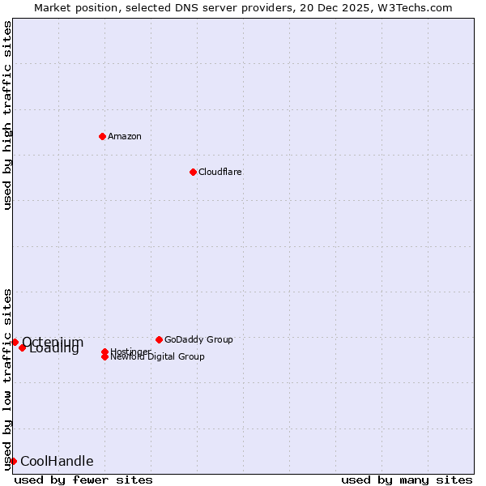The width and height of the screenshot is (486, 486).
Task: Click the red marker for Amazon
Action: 102,136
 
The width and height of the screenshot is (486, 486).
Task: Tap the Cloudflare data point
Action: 193,172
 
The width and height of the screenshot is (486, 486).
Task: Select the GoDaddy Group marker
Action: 159,339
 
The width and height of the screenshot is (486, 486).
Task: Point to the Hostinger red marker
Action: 105,352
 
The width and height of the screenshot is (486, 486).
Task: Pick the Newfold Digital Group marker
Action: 105,356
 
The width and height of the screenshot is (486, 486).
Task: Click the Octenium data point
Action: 15,342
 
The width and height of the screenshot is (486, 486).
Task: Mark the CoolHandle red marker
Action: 13,461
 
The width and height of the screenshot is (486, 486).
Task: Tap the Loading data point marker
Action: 23,347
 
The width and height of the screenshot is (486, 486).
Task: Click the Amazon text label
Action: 125,136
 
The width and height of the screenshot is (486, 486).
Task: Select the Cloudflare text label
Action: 220,172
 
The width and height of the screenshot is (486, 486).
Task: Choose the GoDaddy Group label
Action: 198,339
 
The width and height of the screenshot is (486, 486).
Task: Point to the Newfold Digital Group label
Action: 158,357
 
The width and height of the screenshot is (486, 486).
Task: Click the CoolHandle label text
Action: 57,461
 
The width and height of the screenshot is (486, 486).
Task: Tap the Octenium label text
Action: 53,342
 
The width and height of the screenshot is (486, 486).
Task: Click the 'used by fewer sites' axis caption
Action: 83,480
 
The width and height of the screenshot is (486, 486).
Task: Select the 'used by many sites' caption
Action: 407,480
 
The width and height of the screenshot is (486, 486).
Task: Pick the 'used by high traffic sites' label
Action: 7,115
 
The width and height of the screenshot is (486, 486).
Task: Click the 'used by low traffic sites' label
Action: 7,378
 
